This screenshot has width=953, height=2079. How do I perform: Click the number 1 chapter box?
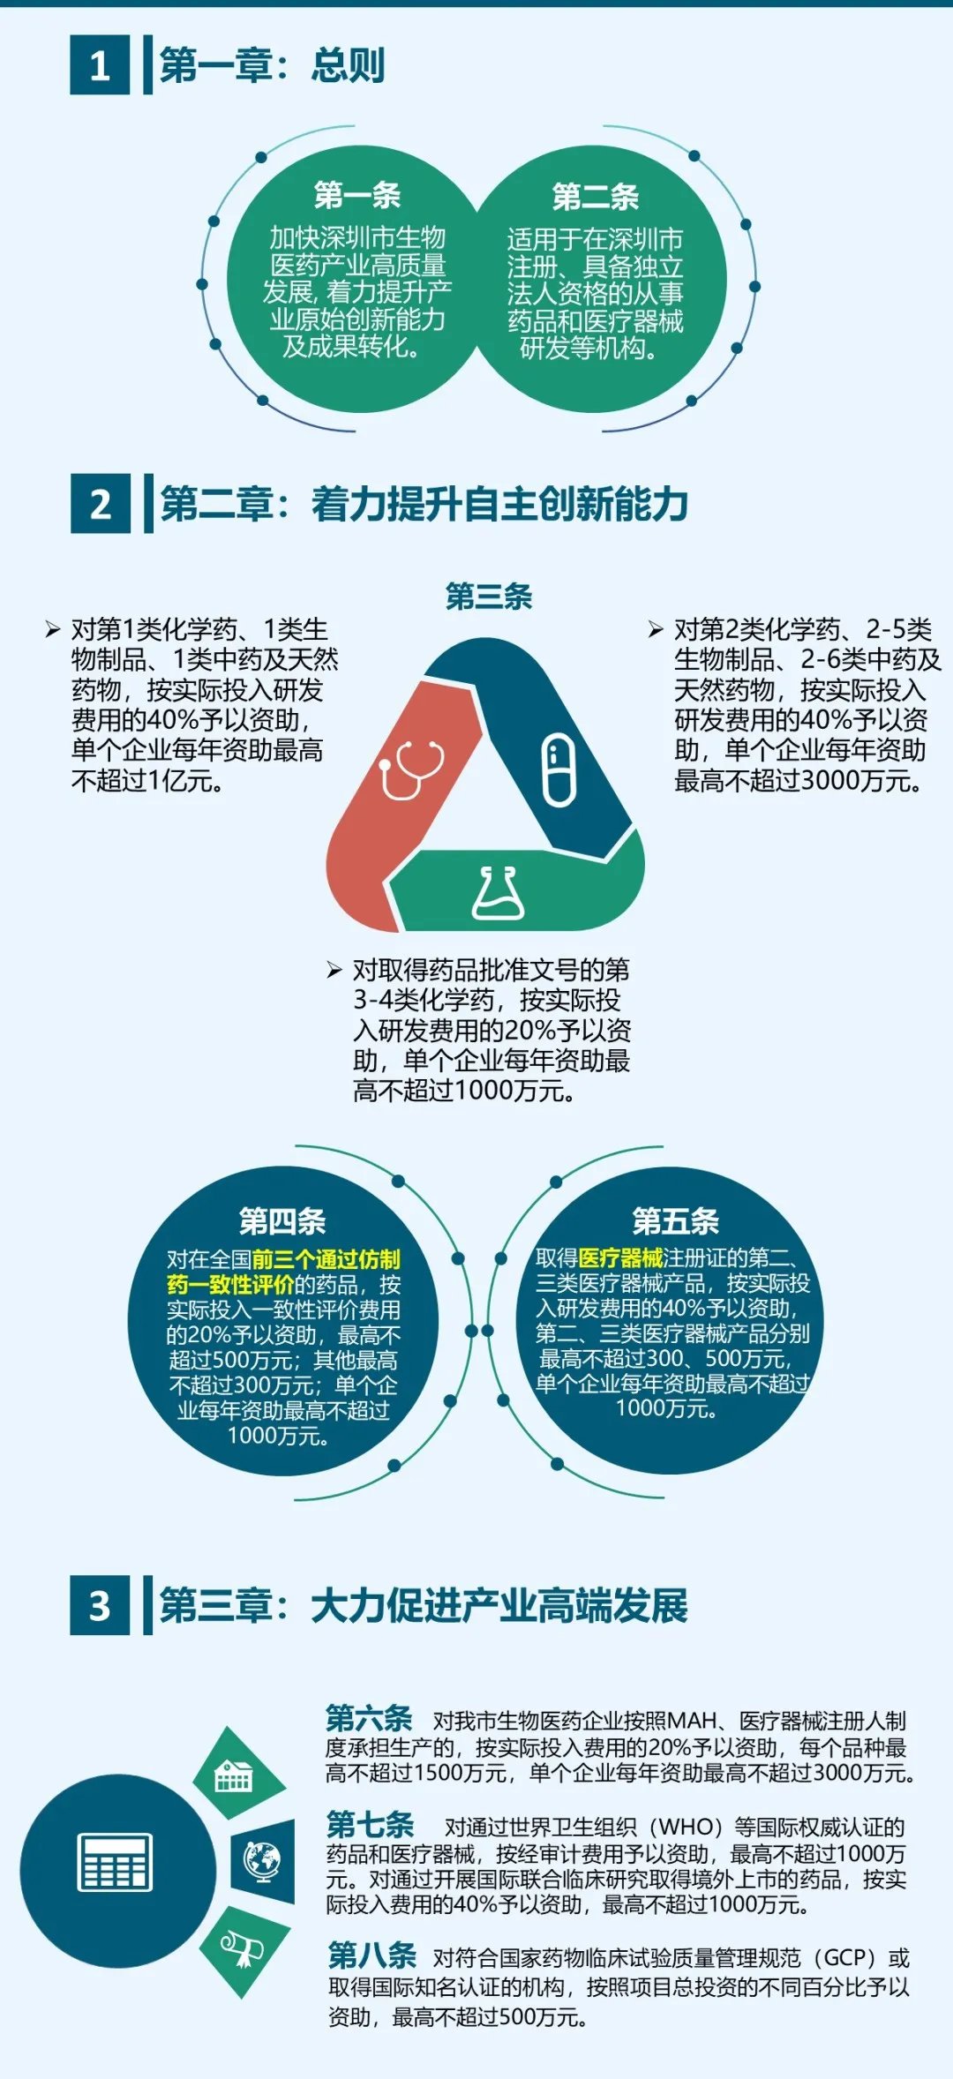click(100, 64)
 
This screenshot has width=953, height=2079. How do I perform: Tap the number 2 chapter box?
click(101, 504)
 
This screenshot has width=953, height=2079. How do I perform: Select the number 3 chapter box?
click(100, 1605)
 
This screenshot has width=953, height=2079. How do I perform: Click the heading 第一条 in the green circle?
click(357, 195)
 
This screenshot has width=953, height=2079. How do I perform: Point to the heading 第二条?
click(596, 197)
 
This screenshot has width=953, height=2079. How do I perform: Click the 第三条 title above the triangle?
click(489, 597)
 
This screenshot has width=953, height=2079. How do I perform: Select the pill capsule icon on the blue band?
click(559, 769)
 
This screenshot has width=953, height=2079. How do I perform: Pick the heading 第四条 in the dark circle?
click(282, 1221)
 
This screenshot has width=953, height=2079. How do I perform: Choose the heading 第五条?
click(676, 1221)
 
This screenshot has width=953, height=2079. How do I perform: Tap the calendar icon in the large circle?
click(116, 1862)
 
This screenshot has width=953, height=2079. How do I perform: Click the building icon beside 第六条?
click(234, 1775)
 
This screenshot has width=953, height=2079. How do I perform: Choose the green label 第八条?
click(371, 1955)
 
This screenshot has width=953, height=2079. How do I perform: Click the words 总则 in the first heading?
click(348, 65)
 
